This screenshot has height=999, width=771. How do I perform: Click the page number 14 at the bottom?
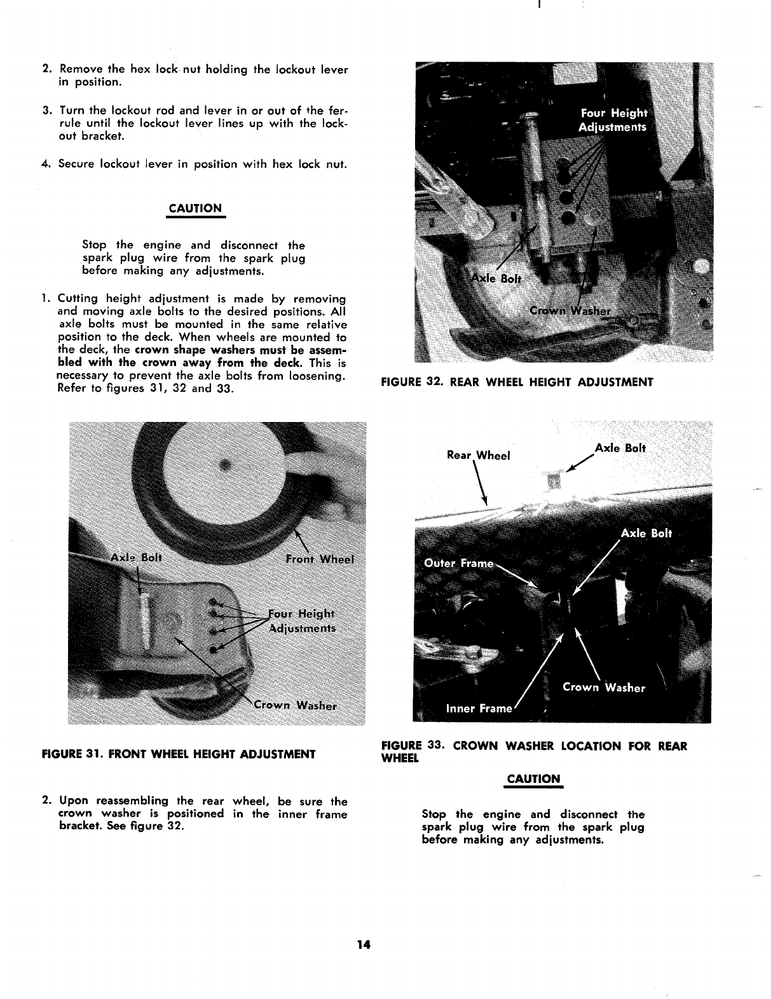tap(363, 944)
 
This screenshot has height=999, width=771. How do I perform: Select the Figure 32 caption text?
tap(517, 382)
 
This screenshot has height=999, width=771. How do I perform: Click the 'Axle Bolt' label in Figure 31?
tap(137, 557)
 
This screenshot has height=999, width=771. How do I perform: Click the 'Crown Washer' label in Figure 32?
tap(570, 311)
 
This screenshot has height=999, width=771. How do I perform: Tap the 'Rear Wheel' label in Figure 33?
tap(479, 455)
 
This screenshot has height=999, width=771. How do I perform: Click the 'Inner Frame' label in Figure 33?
tap(479, 709)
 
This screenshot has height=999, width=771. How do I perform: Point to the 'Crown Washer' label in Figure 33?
tap(604, 688)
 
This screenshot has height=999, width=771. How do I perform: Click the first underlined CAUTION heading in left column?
tap(196, 208)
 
